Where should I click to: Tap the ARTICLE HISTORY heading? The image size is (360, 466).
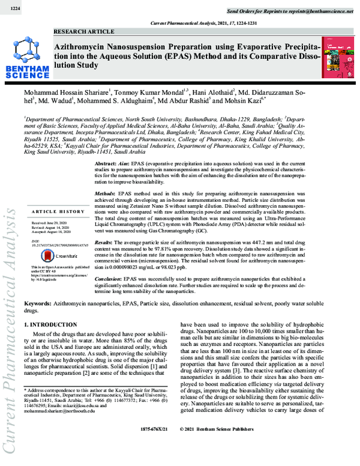58,212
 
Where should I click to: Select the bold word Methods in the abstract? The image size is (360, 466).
107,195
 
